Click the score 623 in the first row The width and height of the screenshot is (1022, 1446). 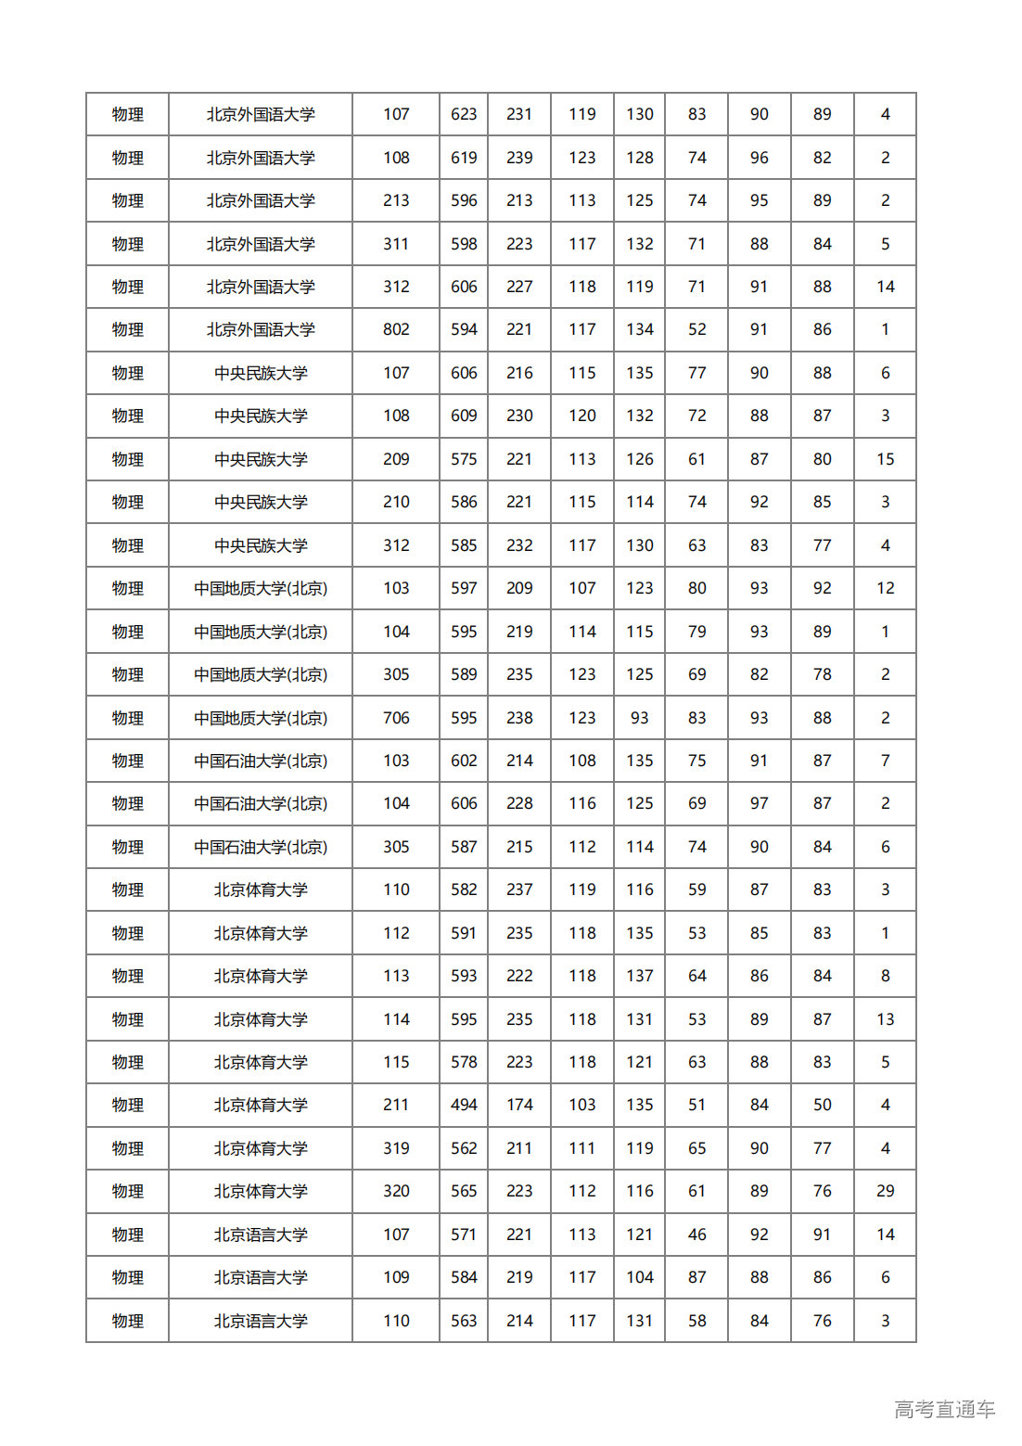(464, 114)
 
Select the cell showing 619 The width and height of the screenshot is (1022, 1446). (464, 158)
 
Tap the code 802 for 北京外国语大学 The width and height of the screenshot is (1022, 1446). (396, 329)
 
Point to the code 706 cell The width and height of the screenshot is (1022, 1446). (396, 718)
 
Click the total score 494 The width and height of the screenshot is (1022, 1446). (464, 1105)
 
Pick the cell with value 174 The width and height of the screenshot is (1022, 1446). (519, 1105)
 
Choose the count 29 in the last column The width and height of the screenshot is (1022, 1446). (885, 1191)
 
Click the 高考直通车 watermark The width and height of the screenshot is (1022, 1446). (944, 1409)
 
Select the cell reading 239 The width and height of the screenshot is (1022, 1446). (519, 158)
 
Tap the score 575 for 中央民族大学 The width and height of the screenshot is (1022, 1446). (464, 459)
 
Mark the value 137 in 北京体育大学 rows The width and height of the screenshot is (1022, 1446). (639, 976)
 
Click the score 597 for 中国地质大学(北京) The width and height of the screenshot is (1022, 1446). (464, 588)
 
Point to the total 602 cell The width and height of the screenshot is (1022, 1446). (464, 761)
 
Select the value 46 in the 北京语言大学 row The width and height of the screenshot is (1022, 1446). (696, 1235)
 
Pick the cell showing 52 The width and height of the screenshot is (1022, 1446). (696, 329)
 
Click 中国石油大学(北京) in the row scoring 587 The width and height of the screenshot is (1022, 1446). (261, 847)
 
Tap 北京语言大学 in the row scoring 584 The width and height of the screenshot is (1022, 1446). (261, 1277)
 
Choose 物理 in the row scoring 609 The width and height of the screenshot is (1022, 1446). (127, 416)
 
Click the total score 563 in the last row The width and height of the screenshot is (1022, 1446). (464, 1321)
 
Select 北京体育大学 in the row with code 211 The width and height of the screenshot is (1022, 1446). (261, 1105)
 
